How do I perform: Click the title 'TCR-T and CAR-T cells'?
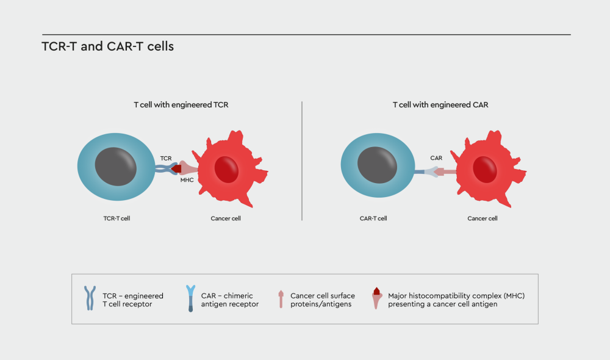click(108, 46)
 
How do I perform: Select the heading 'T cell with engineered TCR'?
click(181, 105)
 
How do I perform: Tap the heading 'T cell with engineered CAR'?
click(440, 105)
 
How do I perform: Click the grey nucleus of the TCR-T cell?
click(116, 167)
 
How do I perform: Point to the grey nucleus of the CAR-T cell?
click(378, 165)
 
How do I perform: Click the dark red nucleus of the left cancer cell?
click(226, 169)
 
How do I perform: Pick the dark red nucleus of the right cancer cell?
click(485, 169)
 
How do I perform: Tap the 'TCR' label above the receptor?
click(166, 159)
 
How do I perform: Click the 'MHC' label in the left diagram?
click(187, 180)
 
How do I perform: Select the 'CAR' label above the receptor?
click(436, 158)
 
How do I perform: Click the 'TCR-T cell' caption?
click(117, 218)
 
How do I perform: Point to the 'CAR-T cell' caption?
click(373, 218)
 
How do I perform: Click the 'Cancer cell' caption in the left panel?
click(226, 218)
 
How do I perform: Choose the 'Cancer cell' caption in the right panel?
click(483, 218)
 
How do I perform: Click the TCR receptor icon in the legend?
click(90, 298)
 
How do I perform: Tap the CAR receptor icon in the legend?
click(190, 298)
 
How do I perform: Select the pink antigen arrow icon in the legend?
click(281, 299)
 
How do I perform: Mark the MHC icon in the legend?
click(376, 298)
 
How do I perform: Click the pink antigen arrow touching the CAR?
click(445, 171)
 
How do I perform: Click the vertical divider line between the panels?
click(302, 161)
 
